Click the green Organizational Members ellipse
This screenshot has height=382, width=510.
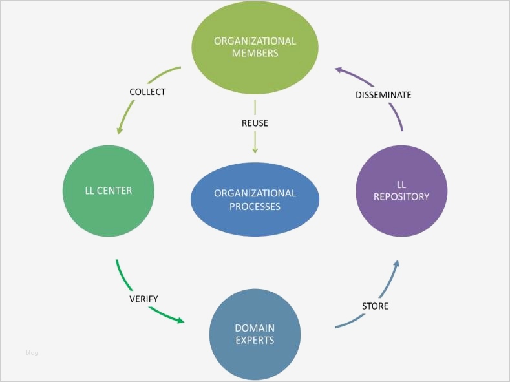point(255,47)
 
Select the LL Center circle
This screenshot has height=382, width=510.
point(109,191)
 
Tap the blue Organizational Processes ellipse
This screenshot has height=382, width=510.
point(255,200)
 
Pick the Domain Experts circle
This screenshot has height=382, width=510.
point(255,334)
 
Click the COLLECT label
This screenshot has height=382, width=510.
point(147,92)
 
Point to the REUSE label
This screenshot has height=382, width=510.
point(255,123)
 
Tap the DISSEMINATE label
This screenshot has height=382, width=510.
point(383,95)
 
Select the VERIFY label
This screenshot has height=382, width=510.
point(143,299)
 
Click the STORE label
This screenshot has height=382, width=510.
point(375,306)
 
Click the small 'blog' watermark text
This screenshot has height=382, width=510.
point(32,352)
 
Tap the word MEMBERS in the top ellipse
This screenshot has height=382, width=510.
point(255,53)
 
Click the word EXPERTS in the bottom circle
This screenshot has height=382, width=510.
point(255,340)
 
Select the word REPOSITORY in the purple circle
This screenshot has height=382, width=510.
point(401,196)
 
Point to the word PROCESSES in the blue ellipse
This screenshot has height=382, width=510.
point(255,207)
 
